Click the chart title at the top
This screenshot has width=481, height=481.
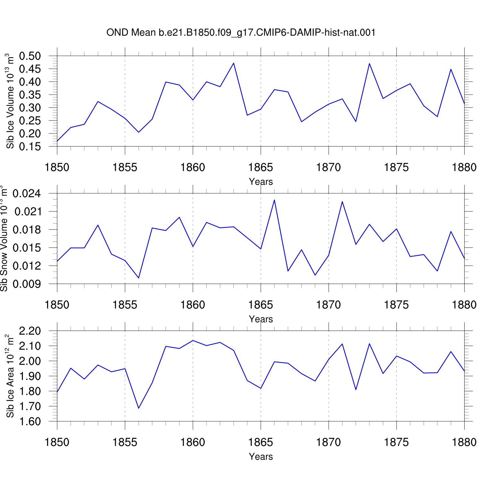pos(241,32)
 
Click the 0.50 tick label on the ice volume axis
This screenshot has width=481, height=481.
pos(30,56)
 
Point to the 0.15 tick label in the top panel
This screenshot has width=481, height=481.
pos(30,147)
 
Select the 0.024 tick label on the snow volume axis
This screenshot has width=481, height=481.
pos(27,193)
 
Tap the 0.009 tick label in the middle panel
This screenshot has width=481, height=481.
pos(27,284)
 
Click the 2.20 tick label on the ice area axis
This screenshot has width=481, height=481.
pos(30,331)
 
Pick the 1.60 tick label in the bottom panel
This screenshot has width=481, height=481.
pos(30,421)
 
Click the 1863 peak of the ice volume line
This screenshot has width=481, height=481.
pos(234,63)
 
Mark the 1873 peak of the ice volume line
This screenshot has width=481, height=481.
pos(369,63)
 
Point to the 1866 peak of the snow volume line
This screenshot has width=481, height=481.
pos(274,200)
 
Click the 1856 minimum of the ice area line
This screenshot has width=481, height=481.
pos(139,408)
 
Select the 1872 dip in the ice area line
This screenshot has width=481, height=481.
pos(356,390)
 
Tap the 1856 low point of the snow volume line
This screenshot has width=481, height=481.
pos(139,278)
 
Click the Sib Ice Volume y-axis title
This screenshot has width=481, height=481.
pos(10,101)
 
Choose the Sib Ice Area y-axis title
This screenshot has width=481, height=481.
pos(10,376)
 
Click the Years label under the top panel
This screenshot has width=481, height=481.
pos(261,182)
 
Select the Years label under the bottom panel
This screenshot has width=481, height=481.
pos(261,457)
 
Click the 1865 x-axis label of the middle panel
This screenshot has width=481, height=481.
pos(260,305)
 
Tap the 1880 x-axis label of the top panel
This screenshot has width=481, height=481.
pos(464,167)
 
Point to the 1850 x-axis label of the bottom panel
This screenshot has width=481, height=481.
pos(57,443)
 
